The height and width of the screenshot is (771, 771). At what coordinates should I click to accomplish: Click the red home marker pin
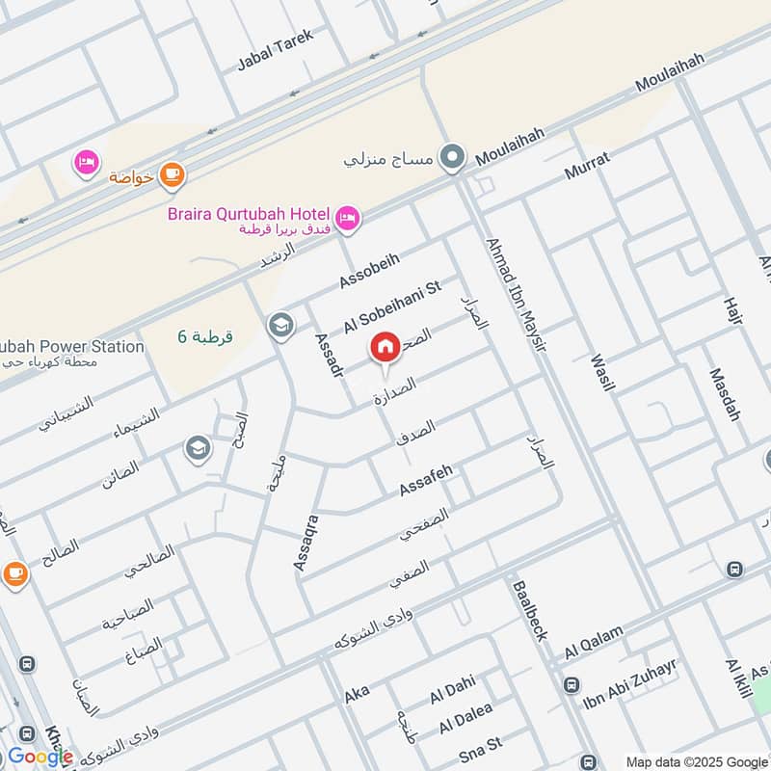(385, 347)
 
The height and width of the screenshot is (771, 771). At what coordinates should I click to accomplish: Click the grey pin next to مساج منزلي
(451, 155)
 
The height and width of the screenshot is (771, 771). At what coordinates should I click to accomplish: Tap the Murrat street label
(587, 167)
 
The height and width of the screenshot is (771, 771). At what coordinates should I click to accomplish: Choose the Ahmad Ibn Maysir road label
(516, 294)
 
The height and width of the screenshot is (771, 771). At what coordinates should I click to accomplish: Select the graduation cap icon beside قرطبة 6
(280, 324)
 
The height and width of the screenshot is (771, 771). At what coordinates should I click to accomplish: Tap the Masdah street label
(725, 394)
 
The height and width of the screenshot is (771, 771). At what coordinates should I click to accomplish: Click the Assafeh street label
(426, 480)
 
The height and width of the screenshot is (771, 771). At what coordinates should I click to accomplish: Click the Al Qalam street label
(595, 642)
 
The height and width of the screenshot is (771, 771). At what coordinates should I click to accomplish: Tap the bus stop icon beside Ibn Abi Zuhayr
(572, 684)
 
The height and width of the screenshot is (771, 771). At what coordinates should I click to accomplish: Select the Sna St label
(481, 744)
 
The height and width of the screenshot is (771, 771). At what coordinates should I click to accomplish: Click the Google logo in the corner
(40, 757)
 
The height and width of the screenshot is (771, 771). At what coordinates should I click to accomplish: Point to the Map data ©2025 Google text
(695, 760)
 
